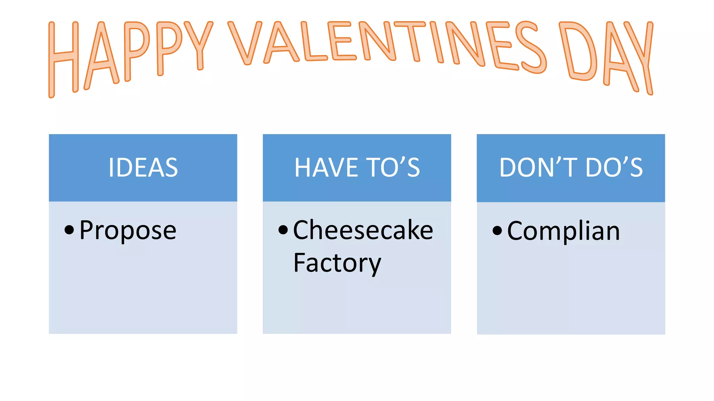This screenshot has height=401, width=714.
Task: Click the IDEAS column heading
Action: coord(143,167)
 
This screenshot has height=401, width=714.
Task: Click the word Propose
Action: coord(128,230)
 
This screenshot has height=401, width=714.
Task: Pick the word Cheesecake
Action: coord(363,230)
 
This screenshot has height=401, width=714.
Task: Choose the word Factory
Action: coord(337,263)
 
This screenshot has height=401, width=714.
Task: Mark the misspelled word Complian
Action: coord(563,231)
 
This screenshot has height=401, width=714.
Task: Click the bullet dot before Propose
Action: coord(69,230)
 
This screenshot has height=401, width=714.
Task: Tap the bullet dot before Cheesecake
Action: coord(283,230)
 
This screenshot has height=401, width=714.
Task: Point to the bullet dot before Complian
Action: coord(497,230)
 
